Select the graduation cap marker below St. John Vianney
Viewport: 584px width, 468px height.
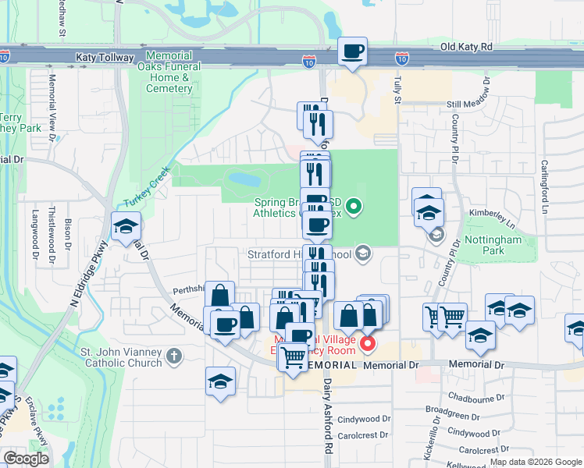pyautogui.click(x=221, y=382)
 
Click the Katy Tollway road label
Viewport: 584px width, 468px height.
pyautogui.click(x=106, y=57)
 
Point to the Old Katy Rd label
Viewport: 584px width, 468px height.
pyautogui.click(x=467, y=47)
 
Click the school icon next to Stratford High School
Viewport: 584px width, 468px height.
pyautogui.click(x=362, y=253)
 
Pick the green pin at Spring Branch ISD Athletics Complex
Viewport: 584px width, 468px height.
pyautogui.click(x=354, y=207)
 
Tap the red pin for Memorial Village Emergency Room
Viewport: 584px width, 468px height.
pyautogui.click(x=365, y=342)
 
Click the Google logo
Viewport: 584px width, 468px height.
pyautogui.click(x=26, y=459)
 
